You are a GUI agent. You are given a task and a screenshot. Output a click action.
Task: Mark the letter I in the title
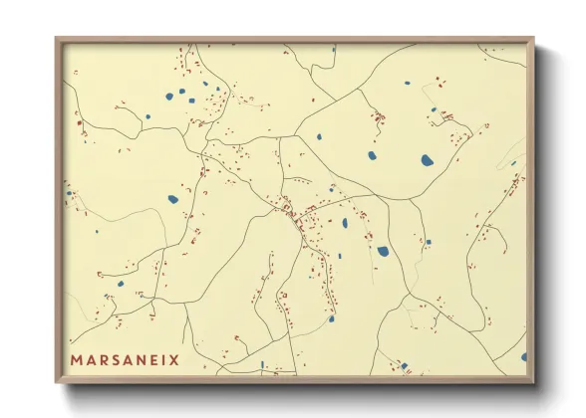[165, 360]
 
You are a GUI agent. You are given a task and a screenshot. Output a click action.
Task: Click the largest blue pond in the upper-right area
[428, 159]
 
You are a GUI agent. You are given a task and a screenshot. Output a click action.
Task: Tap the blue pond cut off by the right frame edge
[523, 356]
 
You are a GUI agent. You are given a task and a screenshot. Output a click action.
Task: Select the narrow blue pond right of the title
[262, 364]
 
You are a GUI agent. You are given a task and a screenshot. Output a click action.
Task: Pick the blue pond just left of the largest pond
[372, 155]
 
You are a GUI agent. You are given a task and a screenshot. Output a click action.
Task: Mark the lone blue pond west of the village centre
[172, 199]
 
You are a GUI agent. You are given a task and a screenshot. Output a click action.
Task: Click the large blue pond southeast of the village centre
[383, 251]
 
